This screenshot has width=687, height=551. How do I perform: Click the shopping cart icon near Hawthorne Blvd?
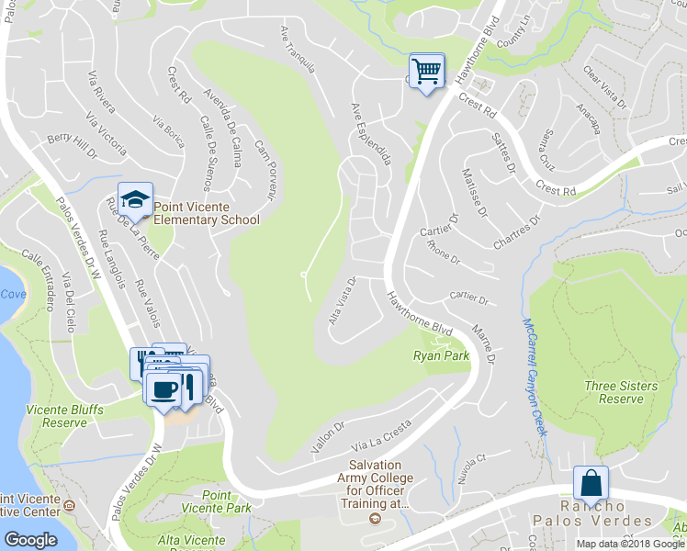(x=426, y=70)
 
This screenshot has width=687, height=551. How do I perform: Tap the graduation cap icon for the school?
(x=135, y=198)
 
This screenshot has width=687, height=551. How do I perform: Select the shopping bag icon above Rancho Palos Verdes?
(x=591, y=483)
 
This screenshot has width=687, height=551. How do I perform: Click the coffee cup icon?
(x=165, y=390)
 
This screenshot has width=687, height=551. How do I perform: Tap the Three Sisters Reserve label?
(x=621, y=392)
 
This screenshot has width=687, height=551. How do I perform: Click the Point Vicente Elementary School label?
(x=206, y=213)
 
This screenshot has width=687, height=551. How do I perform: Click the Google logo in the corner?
(x=30, y=539)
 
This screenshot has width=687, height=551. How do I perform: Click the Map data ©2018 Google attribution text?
(x=630, y=544)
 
